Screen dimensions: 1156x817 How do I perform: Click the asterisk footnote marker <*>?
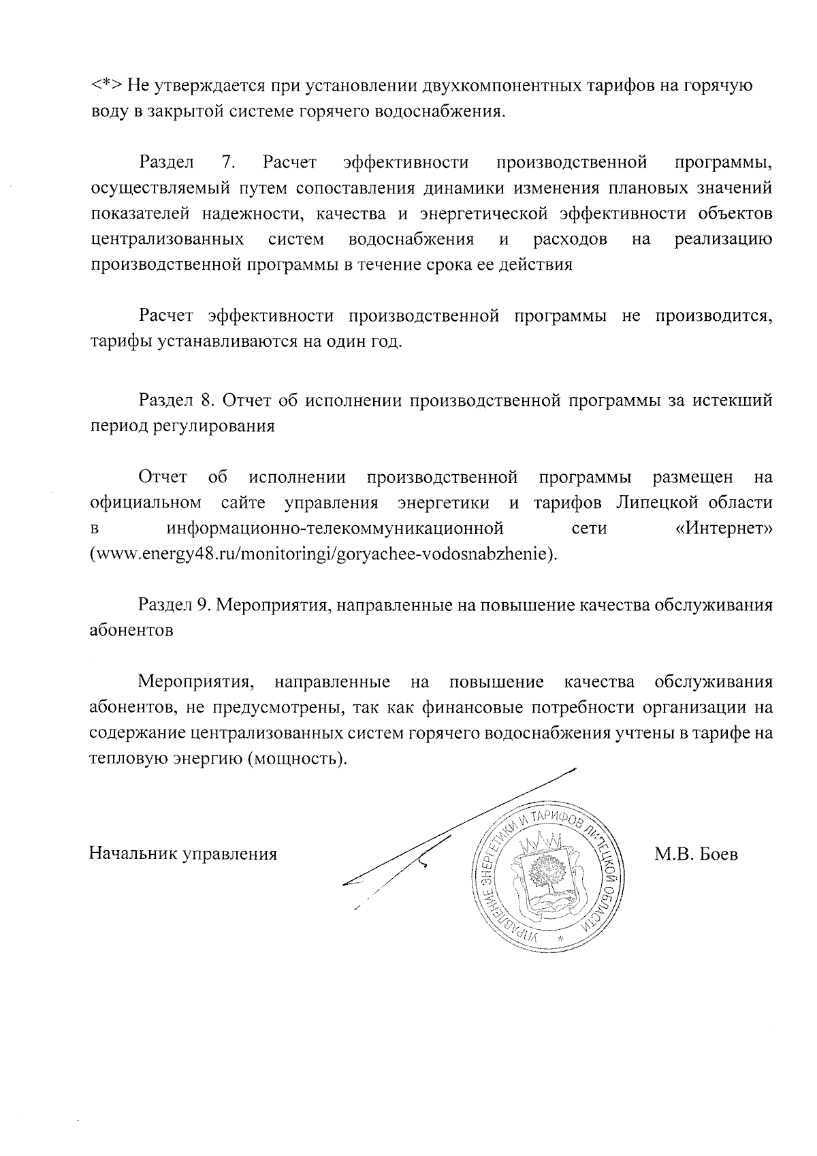107,87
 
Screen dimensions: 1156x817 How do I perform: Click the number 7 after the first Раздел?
228,163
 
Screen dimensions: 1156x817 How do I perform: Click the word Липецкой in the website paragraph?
658,503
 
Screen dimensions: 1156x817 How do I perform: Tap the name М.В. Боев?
696,854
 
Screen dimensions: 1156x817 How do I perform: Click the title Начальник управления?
183,854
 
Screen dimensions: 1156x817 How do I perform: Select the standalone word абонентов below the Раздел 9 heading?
131,630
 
